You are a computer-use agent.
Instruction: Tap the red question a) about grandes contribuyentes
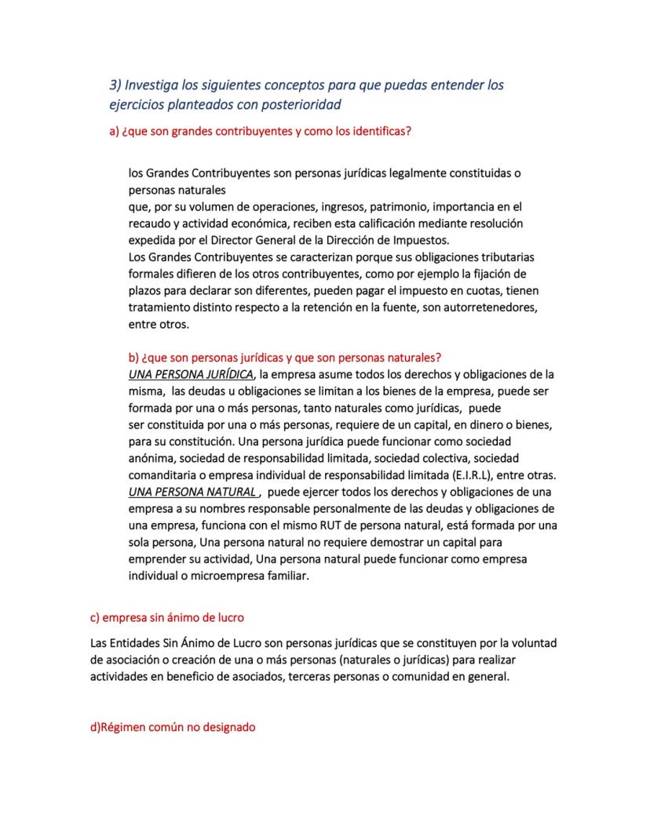click(260, 132)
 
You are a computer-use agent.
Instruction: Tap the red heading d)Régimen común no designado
click(173, 727)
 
